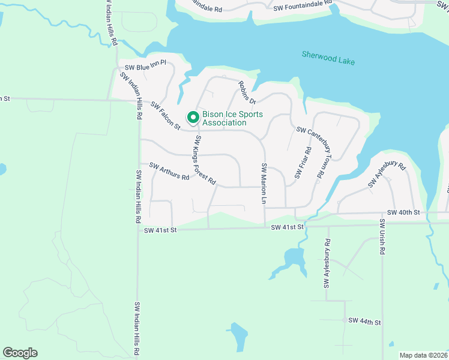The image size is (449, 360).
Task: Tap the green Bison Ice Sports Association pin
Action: click(193, 117)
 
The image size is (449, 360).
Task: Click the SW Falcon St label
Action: click(166, 115)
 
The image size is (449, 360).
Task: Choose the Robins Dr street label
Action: click(247, 93)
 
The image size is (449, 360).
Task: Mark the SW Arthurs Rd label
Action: click(169, 172)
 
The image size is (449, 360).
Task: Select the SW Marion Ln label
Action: click(263, 183)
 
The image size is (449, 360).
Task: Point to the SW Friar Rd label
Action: click(303, 163)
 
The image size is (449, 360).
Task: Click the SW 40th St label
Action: click(403, 212)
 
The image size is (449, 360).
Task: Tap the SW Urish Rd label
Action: click(381, 237)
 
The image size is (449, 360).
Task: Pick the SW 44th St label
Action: click(365, 322)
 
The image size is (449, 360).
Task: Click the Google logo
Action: click(20, 353)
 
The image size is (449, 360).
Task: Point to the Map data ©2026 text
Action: click(423, 355)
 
